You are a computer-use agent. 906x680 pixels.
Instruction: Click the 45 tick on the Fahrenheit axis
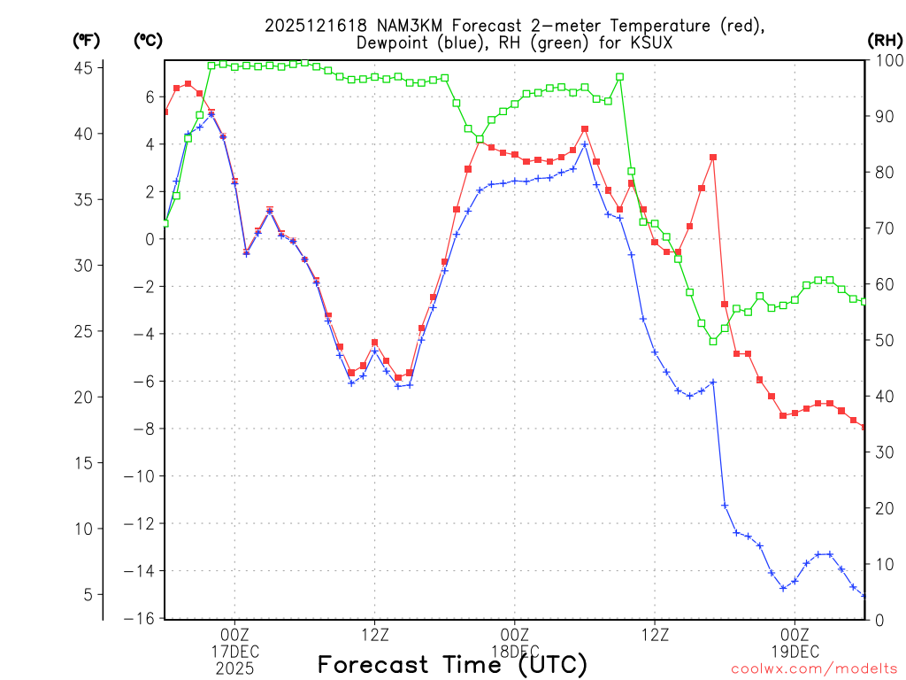(89, 68)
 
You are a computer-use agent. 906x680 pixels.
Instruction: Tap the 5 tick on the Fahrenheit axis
(89, 594)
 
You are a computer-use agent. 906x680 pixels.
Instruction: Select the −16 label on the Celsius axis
(145, 618)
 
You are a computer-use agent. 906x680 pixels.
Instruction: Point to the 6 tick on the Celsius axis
(150, 97)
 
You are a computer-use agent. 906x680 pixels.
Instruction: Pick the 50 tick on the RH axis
(881, 340)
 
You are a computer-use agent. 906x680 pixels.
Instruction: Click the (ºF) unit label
(87, 40)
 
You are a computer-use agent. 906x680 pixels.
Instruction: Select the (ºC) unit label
(149, 40)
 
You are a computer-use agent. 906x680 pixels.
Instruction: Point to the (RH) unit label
(885, 40)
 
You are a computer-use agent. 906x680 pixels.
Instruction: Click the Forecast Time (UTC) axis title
(452, 664)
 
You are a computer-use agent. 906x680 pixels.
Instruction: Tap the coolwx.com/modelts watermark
(813, 670)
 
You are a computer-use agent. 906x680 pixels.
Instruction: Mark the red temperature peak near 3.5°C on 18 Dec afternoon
(713, 157)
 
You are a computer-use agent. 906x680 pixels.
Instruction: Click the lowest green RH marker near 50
(713, 341)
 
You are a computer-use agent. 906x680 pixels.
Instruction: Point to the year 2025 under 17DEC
(234, 668)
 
